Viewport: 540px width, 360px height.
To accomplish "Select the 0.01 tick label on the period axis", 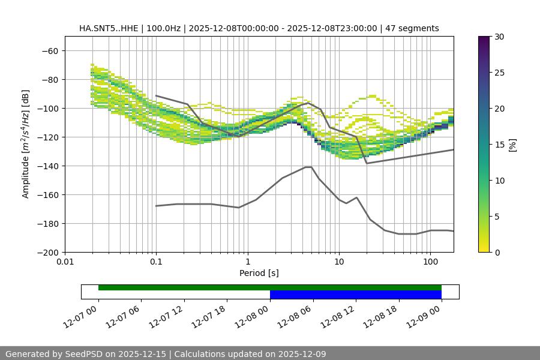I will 65,262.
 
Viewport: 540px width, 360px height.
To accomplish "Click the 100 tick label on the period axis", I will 430,262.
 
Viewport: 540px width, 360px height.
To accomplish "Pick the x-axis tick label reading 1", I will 247,262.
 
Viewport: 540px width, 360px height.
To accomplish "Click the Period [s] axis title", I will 259,273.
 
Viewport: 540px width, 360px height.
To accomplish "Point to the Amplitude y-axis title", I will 26,144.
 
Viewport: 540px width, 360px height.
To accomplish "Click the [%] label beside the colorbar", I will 512,145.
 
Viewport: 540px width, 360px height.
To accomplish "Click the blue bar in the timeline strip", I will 355,295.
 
